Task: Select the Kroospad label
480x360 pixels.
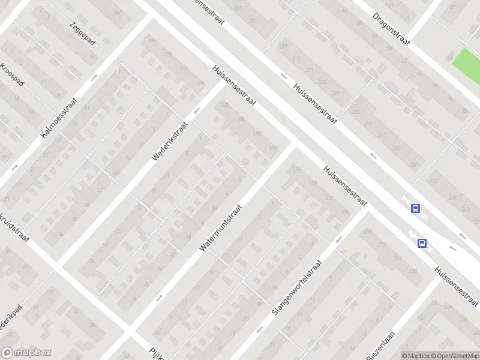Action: pyautogui.click(x=11, y=75)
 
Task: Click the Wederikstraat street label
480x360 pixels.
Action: pyautogui.click(x=170, y=141)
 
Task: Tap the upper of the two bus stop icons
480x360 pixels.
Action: pyautogui.click(x=415, y=208)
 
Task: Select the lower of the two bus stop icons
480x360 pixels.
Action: pyautogui.click(x=422, y=243)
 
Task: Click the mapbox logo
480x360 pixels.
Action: pyautogui.click(x=26, y=353)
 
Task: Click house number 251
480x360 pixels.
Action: pyautogui.click(x=414, y=164)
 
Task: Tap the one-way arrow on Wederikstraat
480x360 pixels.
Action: pyautogui.click(x=196, y=110)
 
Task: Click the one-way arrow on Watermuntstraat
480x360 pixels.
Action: pyautogui.click(x=160, y=296)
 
